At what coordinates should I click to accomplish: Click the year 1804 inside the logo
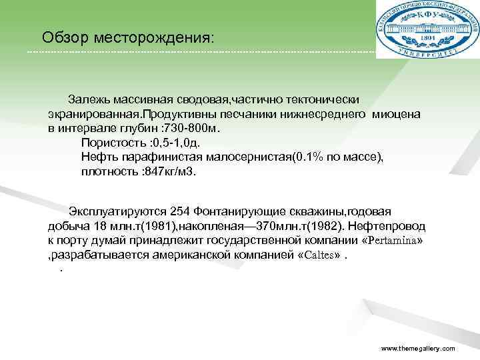tap(427, 39)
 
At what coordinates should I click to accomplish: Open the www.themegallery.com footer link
tap(417, 349)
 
